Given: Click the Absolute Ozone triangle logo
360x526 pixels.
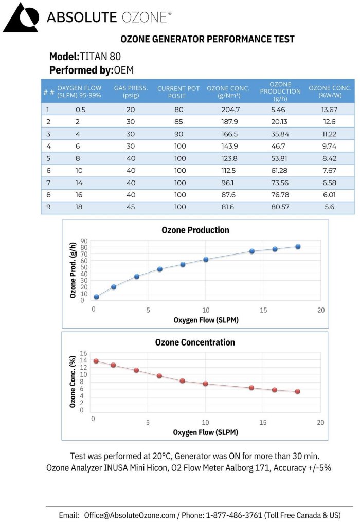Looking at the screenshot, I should click(20, 17).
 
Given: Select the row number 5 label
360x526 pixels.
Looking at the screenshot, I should click(48, 159).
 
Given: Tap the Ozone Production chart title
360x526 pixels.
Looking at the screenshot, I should click(195, 230).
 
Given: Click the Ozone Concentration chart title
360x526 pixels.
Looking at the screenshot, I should click(195, 342).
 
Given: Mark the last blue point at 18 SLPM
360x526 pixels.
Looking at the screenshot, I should click(298, 247).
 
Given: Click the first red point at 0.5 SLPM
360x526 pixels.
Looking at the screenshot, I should click(96, 361).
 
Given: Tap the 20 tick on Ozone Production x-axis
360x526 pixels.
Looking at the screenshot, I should click(321, 310).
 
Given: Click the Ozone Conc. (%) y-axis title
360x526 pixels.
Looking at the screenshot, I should click(74, 381).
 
